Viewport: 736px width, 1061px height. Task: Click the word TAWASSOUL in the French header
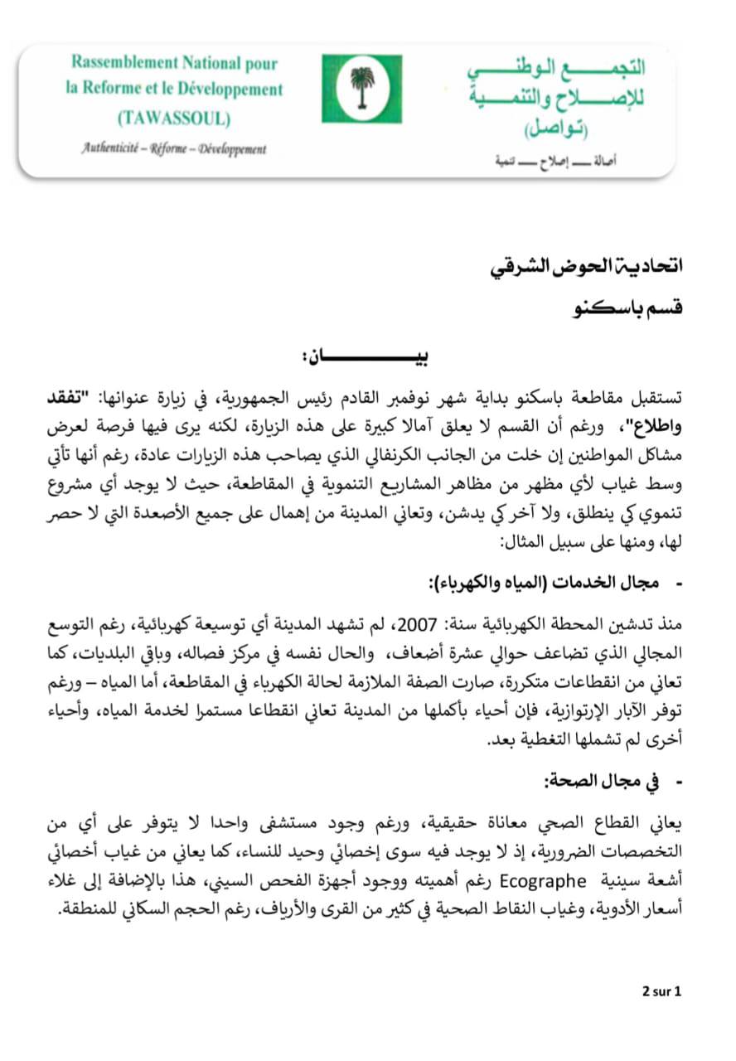point(173,118)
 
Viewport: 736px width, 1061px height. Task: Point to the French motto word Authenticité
point(111,149)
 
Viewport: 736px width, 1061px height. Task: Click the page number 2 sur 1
point(661,991)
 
